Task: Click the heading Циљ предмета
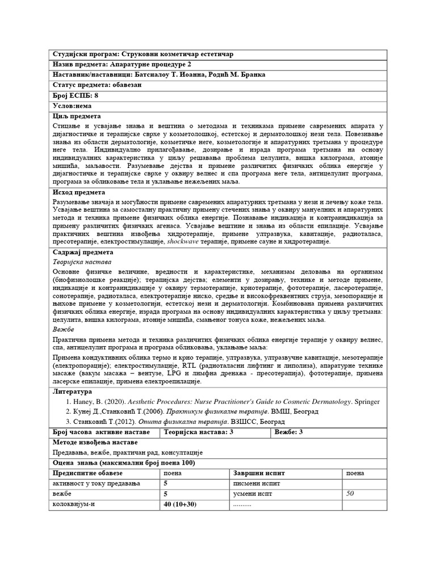tap(76, 116)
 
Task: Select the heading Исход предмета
tap(79, 193)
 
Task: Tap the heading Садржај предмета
tap(83, 252)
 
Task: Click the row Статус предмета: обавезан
tap(97, 85)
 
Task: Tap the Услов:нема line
tap(73, 106)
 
